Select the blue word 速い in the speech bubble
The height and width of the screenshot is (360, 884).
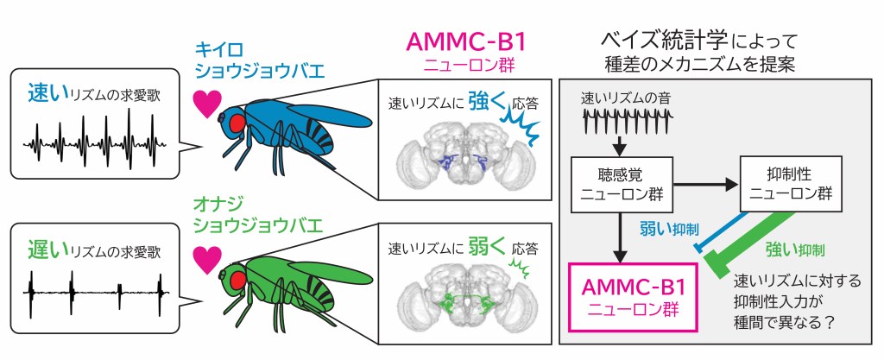(x=44, y=90)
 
